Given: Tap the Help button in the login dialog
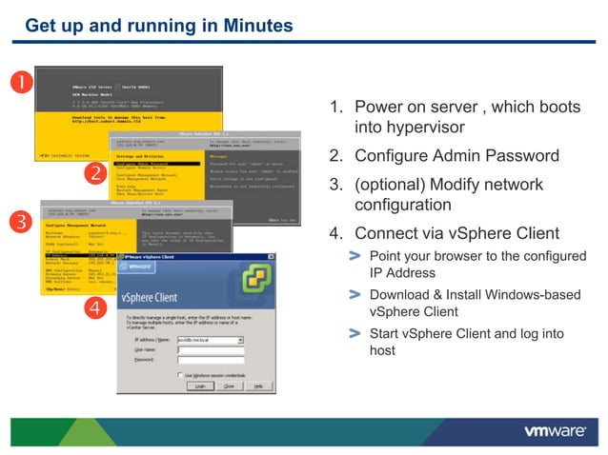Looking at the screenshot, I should pyautogui.click(x=258, y=386).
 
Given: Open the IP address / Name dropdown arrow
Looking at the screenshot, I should pyautogui.click(x=240, y=339).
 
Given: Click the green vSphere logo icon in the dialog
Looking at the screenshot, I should pyautogui.click(x=253, y=284).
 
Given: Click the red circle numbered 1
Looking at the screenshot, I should pyautogui.click(x=18, y=79).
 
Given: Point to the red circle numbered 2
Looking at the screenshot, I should pyautogui.click(x=94, y=172).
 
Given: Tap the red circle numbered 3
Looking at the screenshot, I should pyautogui.click(x=18, y=222).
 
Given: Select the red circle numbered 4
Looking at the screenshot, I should pyautogui.click(x=94, y=307).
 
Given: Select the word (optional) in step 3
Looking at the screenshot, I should pyautogui.click(x=390, y=184).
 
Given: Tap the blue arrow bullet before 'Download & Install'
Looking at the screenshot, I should pyautogui.click(x=355, y=295).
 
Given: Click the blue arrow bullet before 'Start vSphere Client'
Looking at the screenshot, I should pyautogui.click(x=355, y=333).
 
